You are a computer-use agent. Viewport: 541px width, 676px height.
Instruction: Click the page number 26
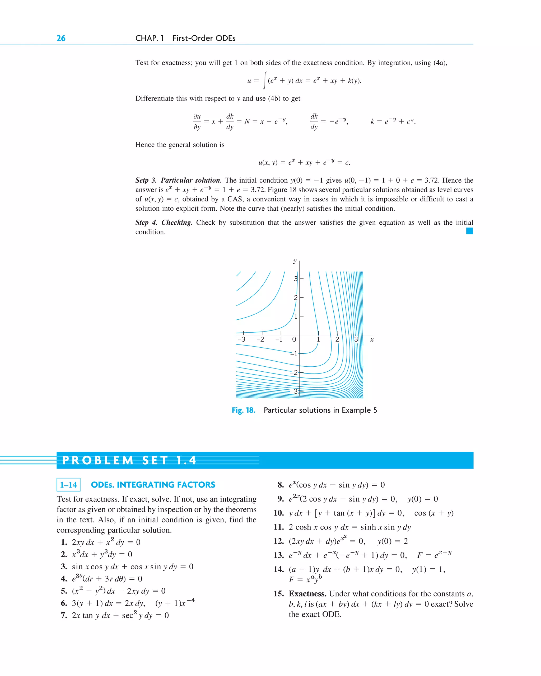(x=61, y=38)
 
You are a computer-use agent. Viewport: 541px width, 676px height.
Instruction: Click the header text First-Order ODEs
(x=204, y=38)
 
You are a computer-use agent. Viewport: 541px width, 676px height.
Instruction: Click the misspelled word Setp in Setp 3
(x=142, y=180)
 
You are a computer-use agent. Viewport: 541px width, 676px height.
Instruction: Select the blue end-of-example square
(x=469, y=231)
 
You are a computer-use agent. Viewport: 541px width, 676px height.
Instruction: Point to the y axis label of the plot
(x=295, y=261)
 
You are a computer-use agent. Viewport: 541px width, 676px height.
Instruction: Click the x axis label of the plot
(x=372, y=339)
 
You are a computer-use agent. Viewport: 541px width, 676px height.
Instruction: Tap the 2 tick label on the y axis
(x=295, y=297)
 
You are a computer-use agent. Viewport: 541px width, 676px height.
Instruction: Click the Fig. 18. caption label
(x=243, y=410)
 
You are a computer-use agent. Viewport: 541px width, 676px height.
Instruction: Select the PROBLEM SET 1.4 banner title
(x=129, y=460)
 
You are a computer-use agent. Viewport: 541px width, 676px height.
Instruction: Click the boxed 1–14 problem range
(x=68, y=485)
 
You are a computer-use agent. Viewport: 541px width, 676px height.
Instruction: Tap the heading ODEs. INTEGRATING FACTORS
(x=153, y=485)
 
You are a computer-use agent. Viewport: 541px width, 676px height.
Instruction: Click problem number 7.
(x=64, y=616)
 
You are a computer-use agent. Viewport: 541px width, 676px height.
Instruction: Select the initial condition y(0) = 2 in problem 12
(x=393, y=541)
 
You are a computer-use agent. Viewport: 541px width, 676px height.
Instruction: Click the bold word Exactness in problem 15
(x=307, y=594)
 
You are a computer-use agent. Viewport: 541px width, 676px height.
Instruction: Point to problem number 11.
(x=279, y=527)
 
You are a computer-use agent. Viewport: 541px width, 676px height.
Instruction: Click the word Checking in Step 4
(x=177, y=223)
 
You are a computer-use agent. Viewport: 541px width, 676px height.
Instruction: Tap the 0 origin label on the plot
(x=294, y=339)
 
